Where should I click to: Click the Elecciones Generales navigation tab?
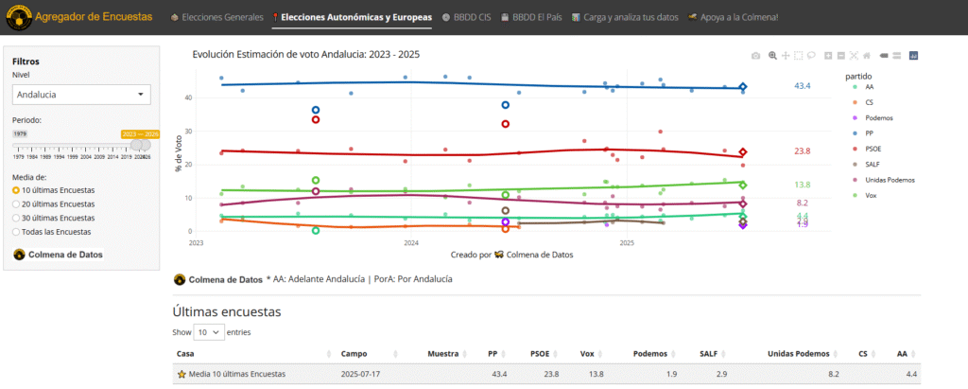(x=216, y=17)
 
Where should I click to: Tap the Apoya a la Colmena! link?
(x=733, y=17)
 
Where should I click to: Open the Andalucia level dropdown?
(x=82, y=95)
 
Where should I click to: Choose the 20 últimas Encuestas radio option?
(x=58, y=203)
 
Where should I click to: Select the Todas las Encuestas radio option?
(x=57, y=231)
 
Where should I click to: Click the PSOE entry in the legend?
(x=875, y=149)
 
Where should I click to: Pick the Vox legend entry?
(x=871, y=195)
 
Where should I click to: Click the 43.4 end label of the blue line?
(x=802, y=86)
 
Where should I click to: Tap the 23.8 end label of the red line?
(x=802, y=151)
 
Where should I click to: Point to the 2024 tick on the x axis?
(x=411, y=243)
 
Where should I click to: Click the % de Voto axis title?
(x=178, y=154)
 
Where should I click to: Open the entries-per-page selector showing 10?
(x=210, y=332)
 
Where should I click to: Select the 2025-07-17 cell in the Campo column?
(x=361, y=374)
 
